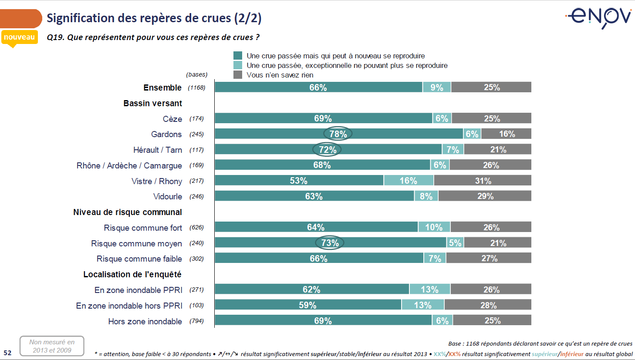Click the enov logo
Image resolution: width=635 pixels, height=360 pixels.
(x=600, y=17)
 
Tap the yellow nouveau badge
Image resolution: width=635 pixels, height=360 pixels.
(x=19, y=37)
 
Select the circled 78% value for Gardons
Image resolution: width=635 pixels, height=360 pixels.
(x=338, y=134)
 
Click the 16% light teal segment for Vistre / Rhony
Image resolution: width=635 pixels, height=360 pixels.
(x=409, y=181)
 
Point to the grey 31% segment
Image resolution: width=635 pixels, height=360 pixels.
(x=483, y=181)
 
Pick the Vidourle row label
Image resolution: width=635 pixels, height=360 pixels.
(x=168, y=197)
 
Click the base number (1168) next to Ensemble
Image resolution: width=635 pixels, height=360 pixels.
(x=196, y=87)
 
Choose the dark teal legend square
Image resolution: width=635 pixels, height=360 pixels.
(x=238, y=56)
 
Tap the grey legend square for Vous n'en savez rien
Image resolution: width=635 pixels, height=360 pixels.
(x=238, y=75)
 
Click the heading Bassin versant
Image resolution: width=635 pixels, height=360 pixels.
(x=152, y=103)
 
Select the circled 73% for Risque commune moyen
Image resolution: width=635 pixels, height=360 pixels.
(x=330, y=243)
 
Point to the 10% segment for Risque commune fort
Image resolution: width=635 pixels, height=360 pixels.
(x=434, y=227)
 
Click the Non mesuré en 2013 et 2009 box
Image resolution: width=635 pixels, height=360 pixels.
(x=52, y=346)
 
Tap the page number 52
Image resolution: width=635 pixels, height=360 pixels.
(x=7, y=353)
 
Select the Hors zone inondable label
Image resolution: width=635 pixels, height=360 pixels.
(x=145, y=321)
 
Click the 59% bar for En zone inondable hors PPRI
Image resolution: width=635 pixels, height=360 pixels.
(x=307, y=305)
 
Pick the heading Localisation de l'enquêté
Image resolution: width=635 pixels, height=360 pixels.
(x=132, y=274)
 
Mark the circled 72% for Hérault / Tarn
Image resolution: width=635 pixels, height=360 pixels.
(x=327, y=150)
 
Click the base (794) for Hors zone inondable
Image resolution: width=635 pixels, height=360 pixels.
(x=196, y=321)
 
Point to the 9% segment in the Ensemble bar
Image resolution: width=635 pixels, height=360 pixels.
(x=437, y=87)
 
